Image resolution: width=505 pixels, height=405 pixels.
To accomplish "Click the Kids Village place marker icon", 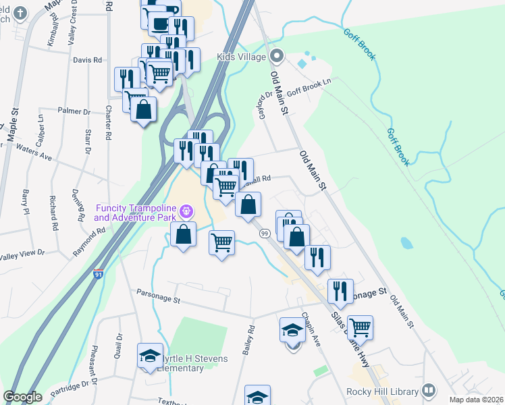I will (275, 56).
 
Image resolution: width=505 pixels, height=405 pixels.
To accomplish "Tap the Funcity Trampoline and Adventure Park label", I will (135, 212).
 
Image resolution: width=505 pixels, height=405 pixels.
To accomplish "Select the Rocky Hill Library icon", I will (428, 391).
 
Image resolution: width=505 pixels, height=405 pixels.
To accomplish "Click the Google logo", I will (22, 397).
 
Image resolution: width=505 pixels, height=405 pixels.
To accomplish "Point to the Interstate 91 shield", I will (99, 275).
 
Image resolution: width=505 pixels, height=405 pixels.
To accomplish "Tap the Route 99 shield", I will (265, 233).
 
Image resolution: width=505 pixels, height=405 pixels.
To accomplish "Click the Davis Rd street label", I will (88, 60).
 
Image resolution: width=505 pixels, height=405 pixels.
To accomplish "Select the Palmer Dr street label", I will (74, 111).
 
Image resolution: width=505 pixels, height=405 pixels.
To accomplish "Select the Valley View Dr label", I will (22, 254).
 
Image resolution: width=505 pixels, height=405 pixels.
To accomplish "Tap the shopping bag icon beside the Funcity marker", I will (183, 234).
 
